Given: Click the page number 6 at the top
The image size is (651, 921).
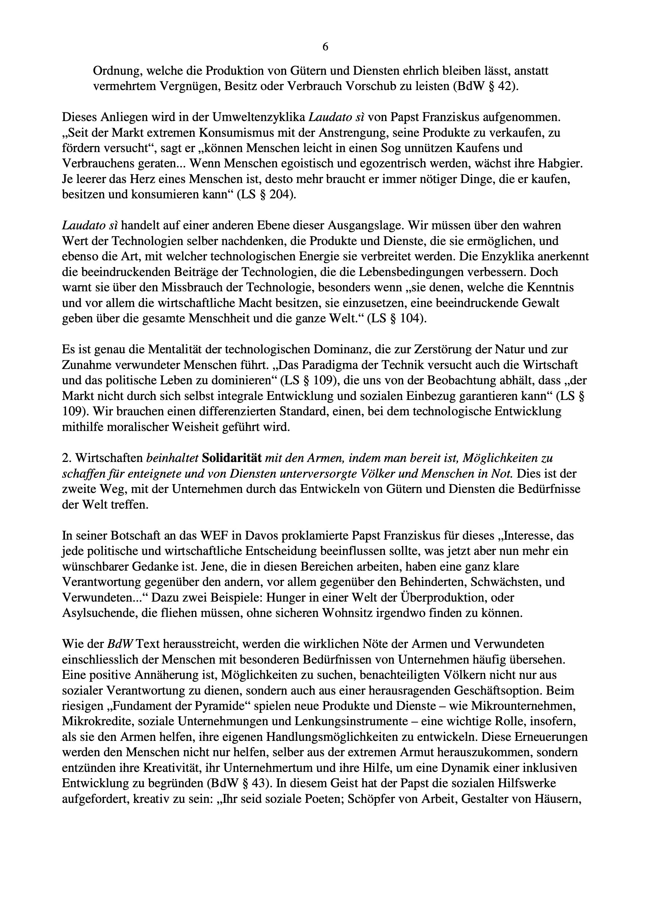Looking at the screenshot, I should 325,47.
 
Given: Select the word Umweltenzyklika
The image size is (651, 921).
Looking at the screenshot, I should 258,117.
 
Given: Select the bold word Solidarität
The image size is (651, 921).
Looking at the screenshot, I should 232,458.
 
